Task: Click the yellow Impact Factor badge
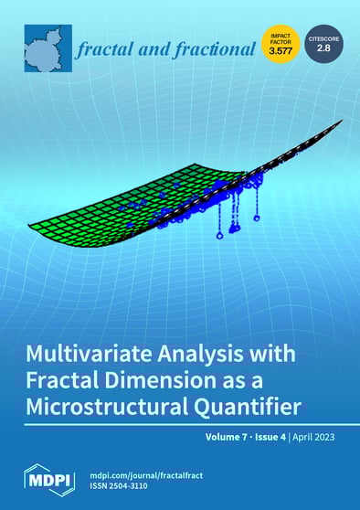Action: click(x=281, y=44)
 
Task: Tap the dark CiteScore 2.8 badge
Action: click(x=323, y=44)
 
